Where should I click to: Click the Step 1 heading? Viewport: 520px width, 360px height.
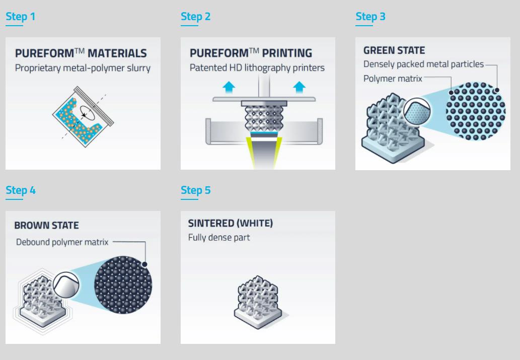pyautogui.click(x=20, y=17)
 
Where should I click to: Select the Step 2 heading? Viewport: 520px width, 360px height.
pyautogui.click(x=195, y=17)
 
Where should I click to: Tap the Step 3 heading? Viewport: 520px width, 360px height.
pyautogui.click(x=370, y=17)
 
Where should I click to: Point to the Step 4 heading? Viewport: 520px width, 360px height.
pyautogui.click(x=21, y=190)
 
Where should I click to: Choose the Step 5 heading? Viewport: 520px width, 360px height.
pyautogui.click(x=195, y=190)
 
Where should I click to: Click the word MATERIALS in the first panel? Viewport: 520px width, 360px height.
pyautogui.click(x=117, y=53)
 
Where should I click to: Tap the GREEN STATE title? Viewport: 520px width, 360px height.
pyautogui.click(x=394, y=50)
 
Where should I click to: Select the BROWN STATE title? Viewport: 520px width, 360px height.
pyautogui.click(x=46, y=226)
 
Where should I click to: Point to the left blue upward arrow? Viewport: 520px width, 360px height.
pyautogui.click(x=229, y=87)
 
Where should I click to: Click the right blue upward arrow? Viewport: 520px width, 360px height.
pyautogui.click(x=299, y=87)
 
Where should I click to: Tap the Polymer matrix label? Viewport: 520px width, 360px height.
pyautogui.click(x=393, y=79)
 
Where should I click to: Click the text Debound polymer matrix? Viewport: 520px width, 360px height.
pyautogui.click(x=62, y=242)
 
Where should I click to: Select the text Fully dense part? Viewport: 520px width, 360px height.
pyautogui.click(x=219, y=238)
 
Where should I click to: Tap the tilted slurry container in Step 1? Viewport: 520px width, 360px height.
pyautogui.click(x=83, y=116)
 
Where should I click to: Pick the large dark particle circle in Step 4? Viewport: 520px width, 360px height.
pyautogui.click(x=123, y=285)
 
